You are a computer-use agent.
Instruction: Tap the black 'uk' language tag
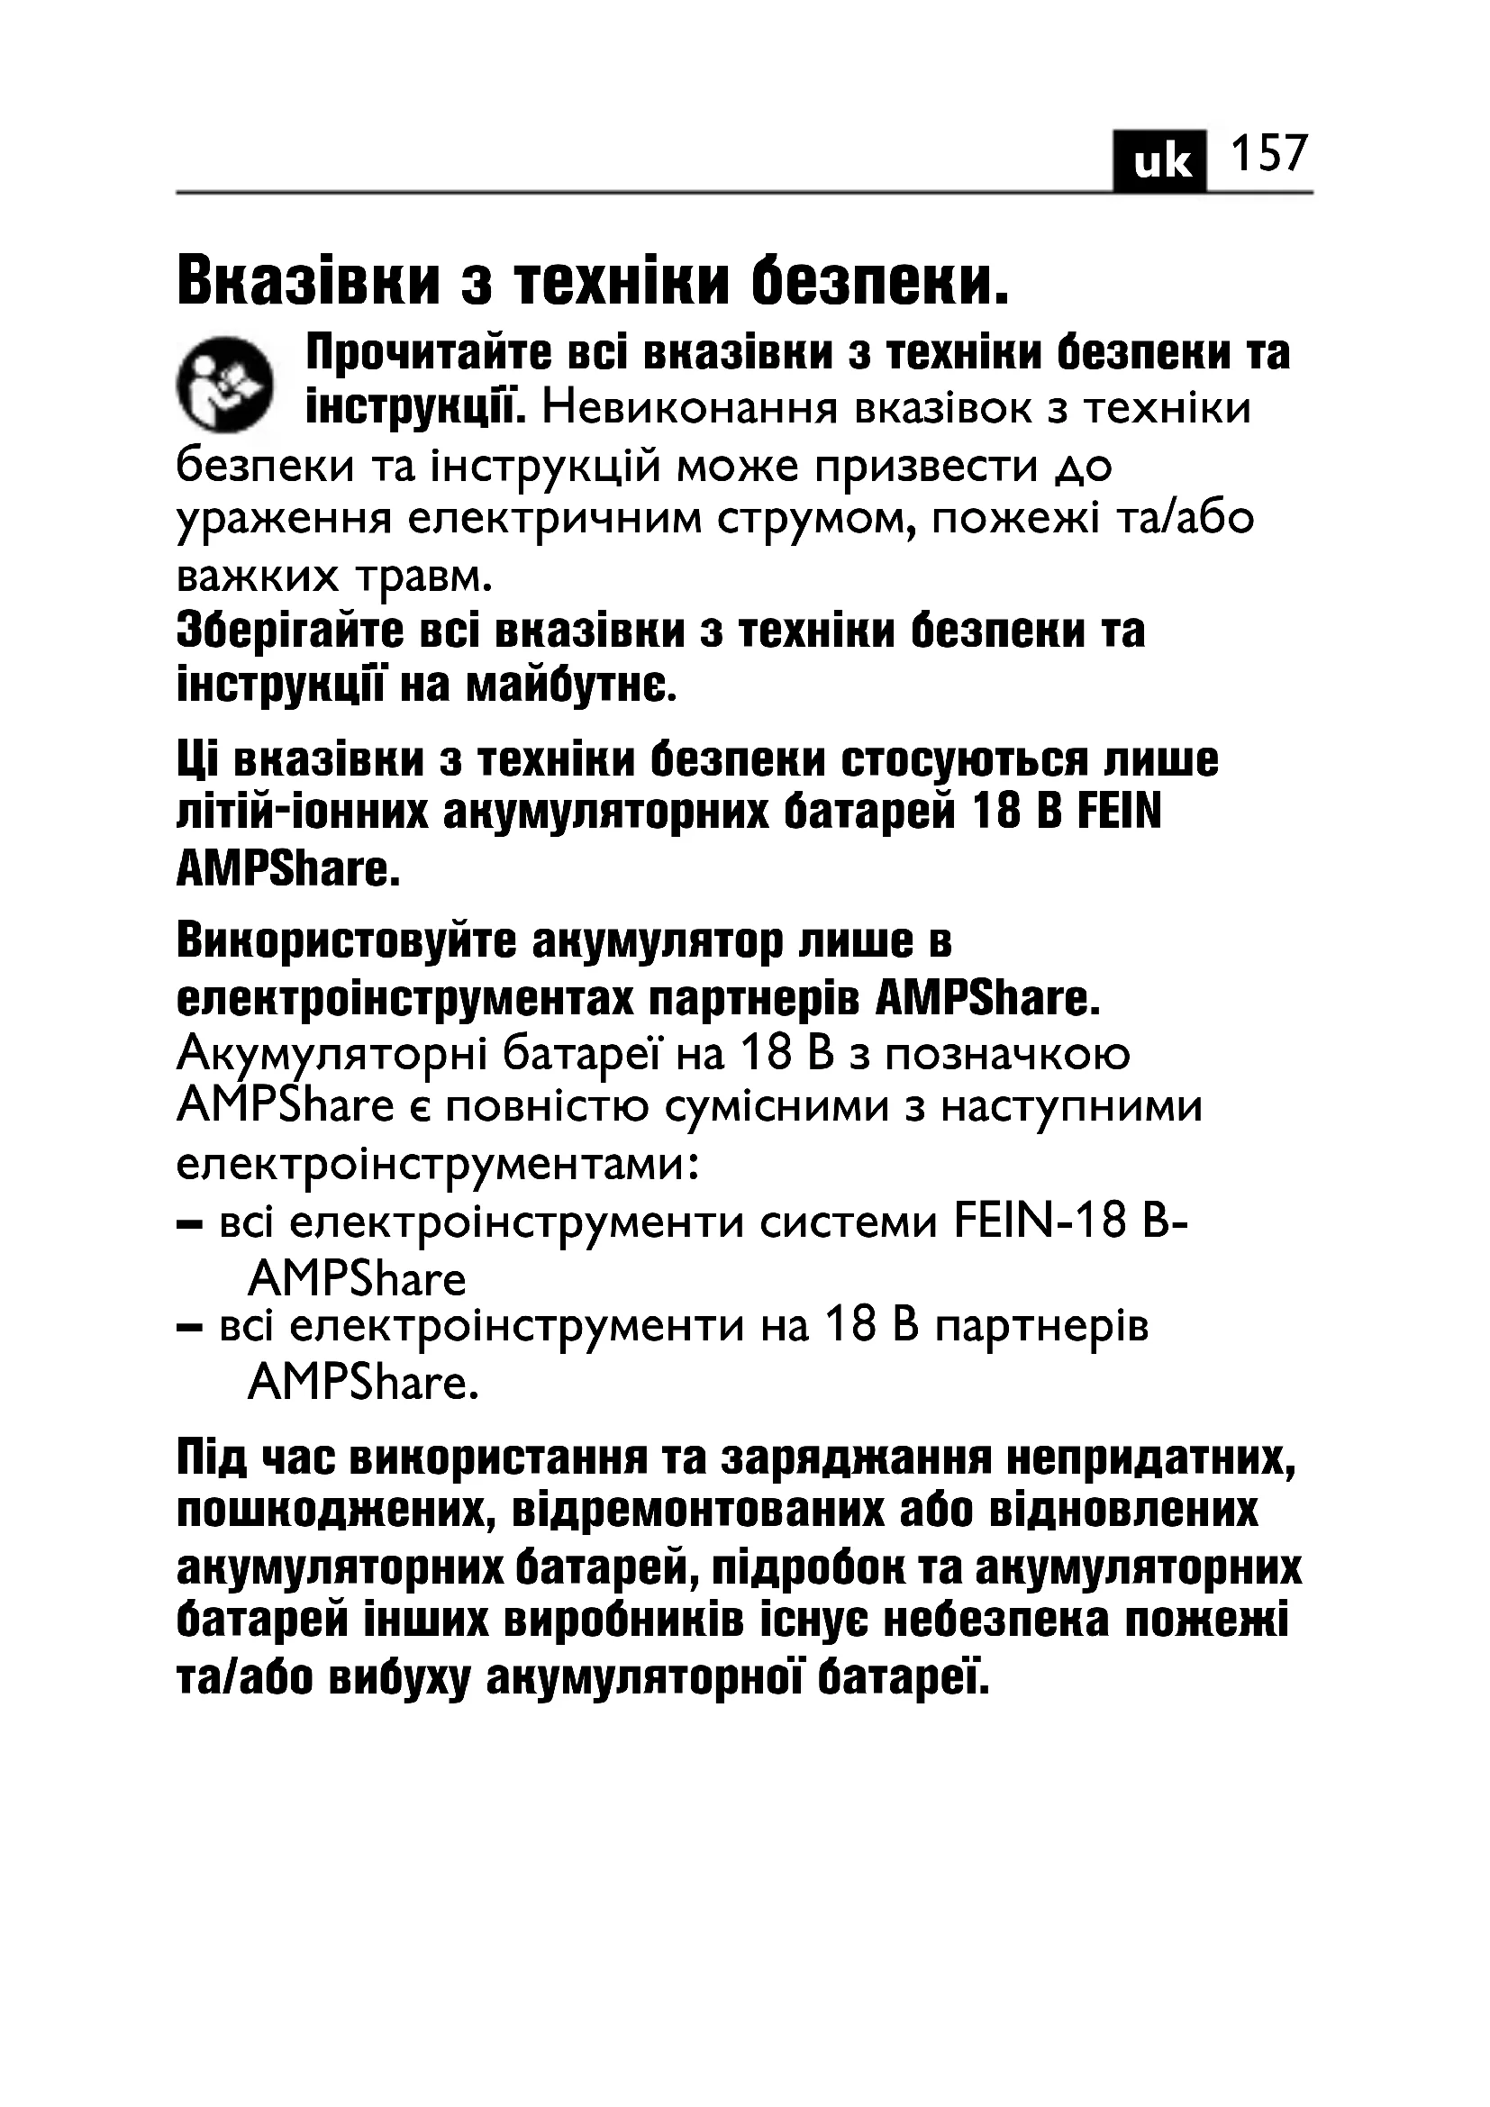(1160, 162)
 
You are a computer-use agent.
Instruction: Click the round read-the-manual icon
(225, 385)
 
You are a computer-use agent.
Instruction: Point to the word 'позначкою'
(1006, 1054)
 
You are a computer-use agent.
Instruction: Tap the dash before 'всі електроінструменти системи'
(190, 1223)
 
